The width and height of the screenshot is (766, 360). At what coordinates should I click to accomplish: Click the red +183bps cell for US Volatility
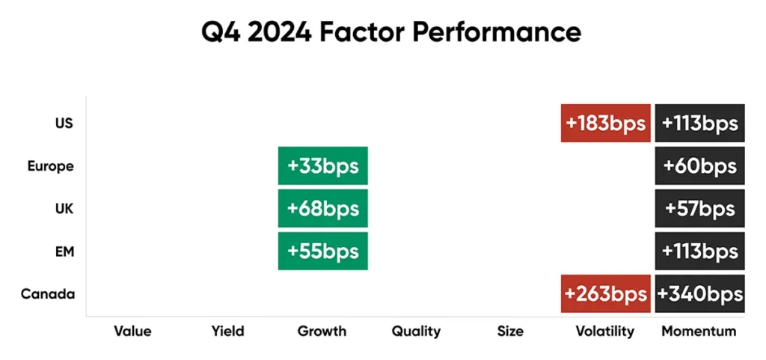point(605,123)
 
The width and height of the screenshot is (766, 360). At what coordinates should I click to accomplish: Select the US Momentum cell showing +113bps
point(699,123)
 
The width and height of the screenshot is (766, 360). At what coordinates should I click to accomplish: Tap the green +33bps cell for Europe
point(323,165)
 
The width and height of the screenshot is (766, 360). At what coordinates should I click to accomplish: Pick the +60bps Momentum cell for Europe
point(699,165)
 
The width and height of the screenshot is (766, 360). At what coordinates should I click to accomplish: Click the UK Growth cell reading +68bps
point(323,209)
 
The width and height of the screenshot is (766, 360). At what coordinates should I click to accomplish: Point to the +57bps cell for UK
point(699,209)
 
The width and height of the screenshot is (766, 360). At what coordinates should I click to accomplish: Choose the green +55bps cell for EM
point(323,251)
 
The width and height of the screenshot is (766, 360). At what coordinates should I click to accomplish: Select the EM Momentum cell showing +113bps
point(699,251)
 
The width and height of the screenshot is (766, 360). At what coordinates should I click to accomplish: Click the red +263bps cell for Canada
point(605,293)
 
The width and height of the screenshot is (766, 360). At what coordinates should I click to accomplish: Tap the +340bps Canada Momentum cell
point(699,293)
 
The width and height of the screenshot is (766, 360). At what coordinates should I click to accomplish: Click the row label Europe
point(50,166)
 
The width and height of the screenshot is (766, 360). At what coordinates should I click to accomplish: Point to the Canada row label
point(48,294)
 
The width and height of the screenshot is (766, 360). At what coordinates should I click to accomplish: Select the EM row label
point(64,251)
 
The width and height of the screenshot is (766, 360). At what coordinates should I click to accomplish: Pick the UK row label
point(64,209)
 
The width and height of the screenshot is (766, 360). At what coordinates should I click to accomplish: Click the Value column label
point(132,331)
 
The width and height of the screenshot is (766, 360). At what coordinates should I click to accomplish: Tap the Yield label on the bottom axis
point(227,331)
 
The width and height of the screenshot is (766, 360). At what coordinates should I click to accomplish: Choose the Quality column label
point(416,332)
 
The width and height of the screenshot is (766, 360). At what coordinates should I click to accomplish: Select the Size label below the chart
point(510,331)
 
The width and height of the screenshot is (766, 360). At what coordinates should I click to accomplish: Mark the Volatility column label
point(604,332)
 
